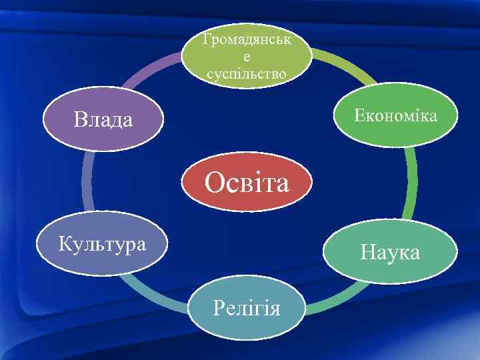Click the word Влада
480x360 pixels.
[x=103, y=120]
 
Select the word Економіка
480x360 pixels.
[x=396, y=116]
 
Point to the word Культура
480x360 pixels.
[x=102, y=243]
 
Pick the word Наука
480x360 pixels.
[x=390, y=252]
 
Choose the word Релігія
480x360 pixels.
[x=246, y=307]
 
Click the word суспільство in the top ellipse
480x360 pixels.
[x=247, y=72]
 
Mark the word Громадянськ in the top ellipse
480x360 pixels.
[x=247, y=41]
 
